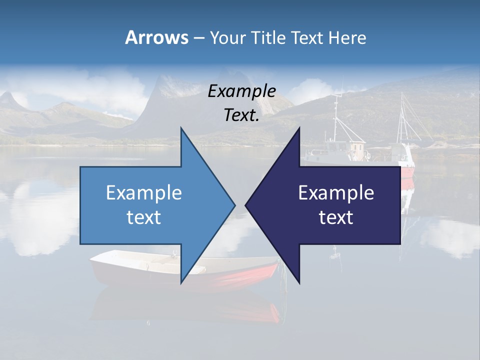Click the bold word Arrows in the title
pyautogui.click(x=156, y=37)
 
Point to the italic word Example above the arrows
pyautogui.click(x=241, y=91)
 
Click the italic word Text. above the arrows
pyautogui.click(x=241, y=115)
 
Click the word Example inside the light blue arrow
pyautogui.click(x=143, y=192)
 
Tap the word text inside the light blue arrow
pyautogui.click(x=143, y=217)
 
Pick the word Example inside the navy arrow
pyautogui.click(x=336, y=192)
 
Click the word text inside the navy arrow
pyautogui.click(x=336, y=217)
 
